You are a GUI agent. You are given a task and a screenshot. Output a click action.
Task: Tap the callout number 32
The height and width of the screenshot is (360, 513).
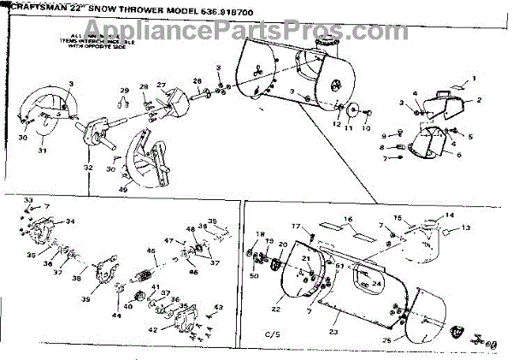click(89, 168)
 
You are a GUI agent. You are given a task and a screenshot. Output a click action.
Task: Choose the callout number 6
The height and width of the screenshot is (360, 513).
click(459, 155)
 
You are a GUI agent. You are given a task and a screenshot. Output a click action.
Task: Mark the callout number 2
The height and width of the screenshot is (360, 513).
click(479, 100)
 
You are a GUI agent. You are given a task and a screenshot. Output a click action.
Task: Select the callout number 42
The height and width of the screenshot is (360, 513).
click(151, 328)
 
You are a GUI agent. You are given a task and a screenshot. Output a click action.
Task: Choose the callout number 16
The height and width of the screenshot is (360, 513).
click(348, 219)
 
